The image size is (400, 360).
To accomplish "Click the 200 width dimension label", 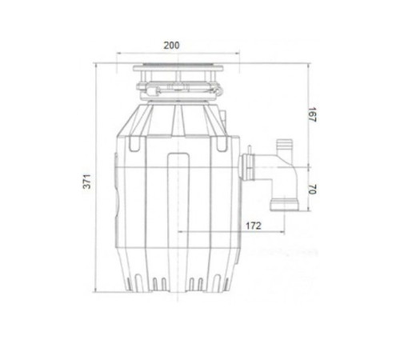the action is coord(171,46).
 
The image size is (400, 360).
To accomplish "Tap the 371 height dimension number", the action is coord(87,182).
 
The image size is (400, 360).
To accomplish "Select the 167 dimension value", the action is coord(312,114).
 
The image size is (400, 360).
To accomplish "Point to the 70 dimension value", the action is coord(312,189).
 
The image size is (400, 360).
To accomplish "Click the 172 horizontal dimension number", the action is coord(254,226).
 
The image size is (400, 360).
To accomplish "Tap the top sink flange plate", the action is coord(178,68).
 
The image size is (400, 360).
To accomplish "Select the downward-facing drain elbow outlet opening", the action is coord(284,205).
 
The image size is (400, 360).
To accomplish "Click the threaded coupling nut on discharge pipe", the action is coord(246,168).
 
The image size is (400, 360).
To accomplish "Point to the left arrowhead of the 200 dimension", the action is coord(119,54).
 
